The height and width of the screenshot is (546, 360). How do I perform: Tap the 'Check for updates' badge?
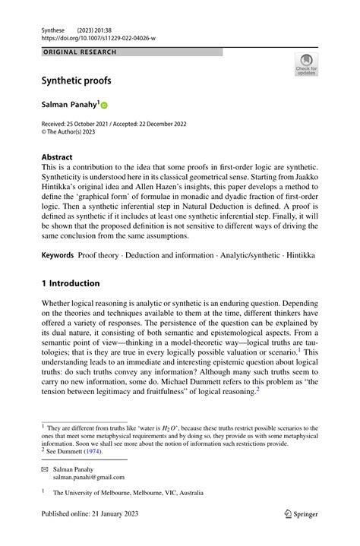click(x=306, y=65)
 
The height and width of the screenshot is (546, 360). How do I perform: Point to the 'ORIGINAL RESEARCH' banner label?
click(x=80, y=52)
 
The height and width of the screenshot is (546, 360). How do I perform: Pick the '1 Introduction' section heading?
click(x=71, y=283)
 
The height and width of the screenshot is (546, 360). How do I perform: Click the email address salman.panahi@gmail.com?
click(x=89, y=477)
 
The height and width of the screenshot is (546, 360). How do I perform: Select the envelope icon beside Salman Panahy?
click(x=45, y=469)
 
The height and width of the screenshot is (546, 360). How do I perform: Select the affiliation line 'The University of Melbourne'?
click(x=128, y=492)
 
